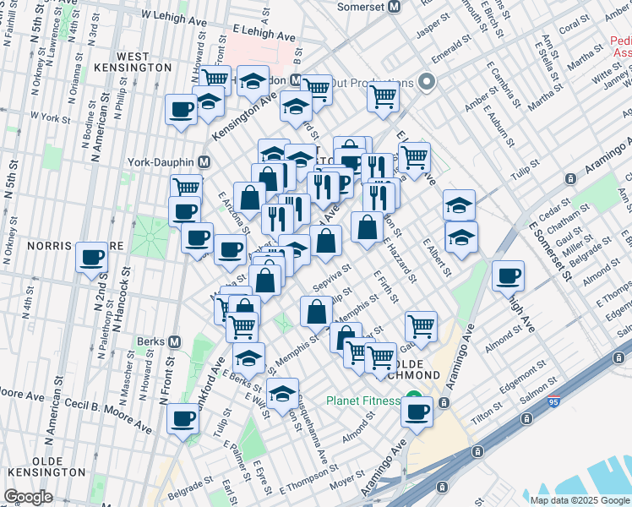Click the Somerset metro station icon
(x=394, y=7)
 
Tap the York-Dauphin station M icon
(x=204, y=161)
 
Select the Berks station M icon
(x=175, y=342)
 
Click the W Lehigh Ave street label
(x=173, y=15)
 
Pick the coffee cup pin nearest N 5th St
(x=91, y=257)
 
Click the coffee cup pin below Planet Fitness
(x=417, y=412)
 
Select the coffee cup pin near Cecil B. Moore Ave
(x=183, y=417)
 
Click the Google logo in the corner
(x=29, y=497)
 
